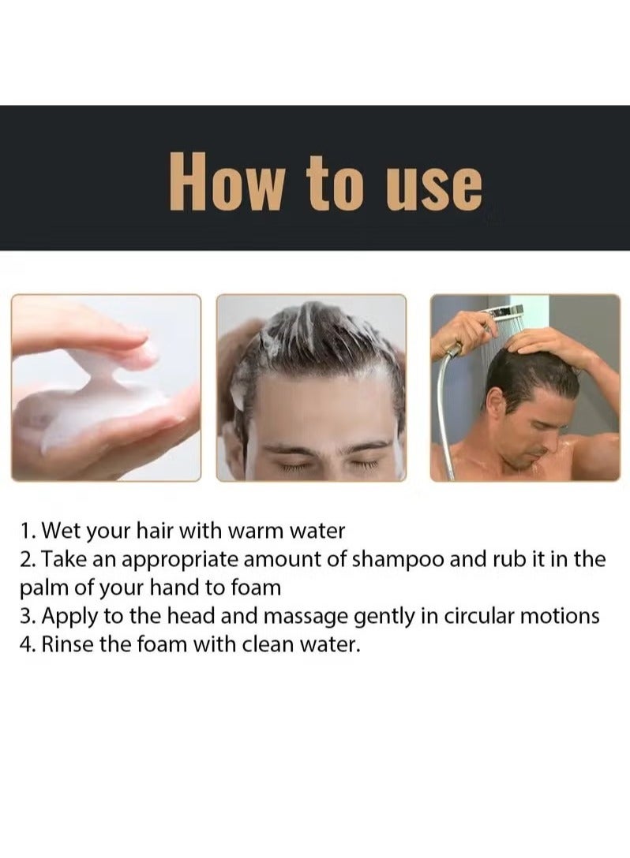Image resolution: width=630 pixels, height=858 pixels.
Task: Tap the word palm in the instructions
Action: [x=43, y=588]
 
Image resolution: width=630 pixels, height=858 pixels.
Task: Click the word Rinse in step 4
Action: [x=66, y=645]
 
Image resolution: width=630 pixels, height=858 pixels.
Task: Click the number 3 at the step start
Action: [x=24, y=617]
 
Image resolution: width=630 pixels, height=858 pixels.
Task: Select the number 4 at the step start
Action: [x=25, y=645]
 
